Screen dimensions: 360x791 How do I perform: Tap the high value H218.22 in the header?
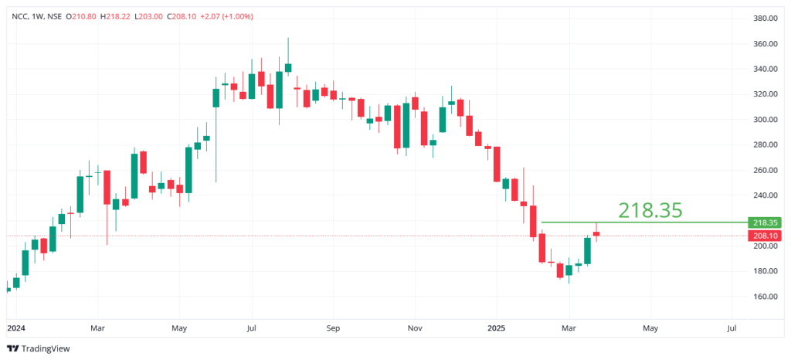117,16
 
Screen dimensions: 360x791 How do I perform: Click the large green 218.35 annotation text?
650,209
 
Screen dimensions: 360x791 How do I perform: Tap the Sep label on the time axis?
333,328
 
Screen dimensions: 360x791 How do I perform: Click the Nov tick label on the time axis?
415,328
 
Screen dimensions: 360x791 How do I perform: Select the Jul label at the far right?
732,328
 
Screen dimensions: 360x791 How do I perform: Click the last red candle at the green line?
596,233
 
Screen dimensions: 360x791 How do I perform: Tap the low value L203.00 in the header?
150,16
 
